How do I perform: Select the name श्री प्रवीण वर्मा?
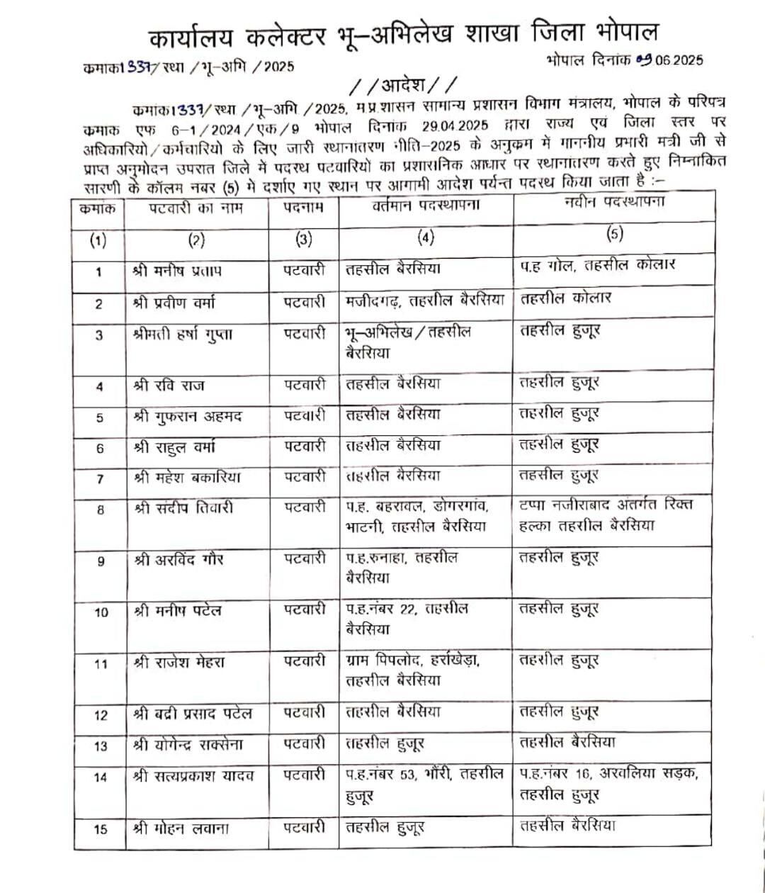tap(174, 303)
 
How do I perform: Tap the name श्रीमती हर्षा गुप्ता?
tap(182, 335)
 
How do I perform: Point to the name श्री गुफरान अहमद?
tap(188, 416)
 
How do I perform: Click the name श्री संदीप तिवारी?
tap(183, 507)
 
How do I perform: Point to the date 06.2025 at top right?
tap(673, 60)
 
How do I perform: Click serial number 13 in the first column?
tap(100, 746)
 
